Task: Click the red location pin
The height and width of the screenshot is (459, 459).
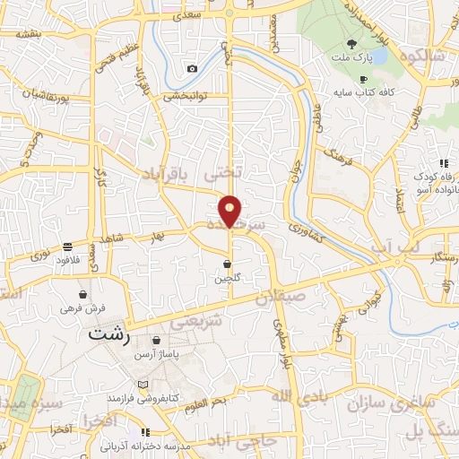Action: click(x=230, y=211)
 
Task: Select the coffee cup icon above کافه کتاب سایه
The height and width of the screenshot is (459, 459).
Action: click(x=363, y=79)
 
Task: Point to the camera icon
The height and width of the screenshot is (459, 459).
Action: click(x=192, y=69)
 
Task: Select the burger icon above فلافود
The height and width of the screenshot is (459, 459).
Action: click(x=68, y=247)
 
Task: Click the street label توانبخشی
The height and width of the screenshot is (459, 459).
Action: click(x=186, y=96)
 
